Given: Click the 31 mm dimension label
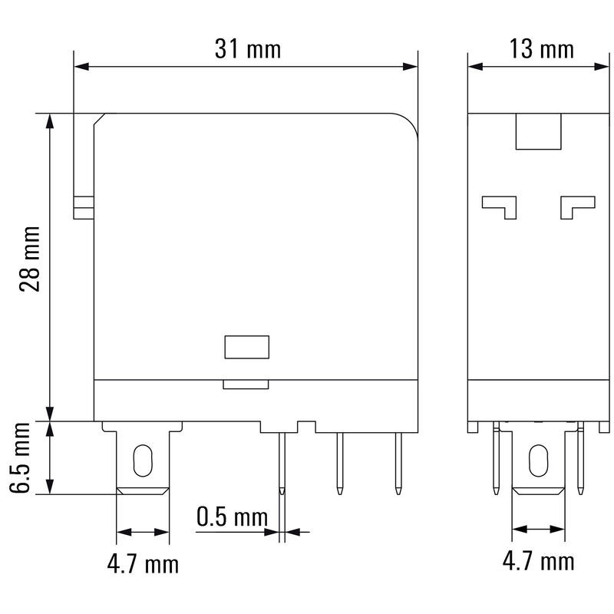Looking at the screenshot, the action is tap(248, 50).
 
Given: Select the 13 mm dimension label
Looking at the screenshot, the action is tap(542, 50).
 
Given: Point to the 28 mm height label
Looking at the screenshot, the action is tap(30, 259).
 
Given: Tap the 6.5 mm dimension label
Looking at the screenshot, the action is tap(21, 458).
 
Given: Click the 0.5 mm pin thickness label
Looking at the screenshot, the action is tap(233, 517).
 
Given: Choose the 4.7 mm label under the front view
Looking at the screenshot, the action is tap(143, 564).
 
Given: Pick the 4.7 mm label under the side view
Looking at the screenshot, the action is tap(539, 561).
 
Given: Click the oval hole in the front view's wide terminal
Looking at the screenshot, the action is tap(143, 460).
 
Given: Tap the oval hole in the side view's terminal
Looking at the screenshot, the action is tap(539, 460).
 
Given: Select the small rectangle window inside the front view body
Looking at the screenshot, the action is tap(246, 347).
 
